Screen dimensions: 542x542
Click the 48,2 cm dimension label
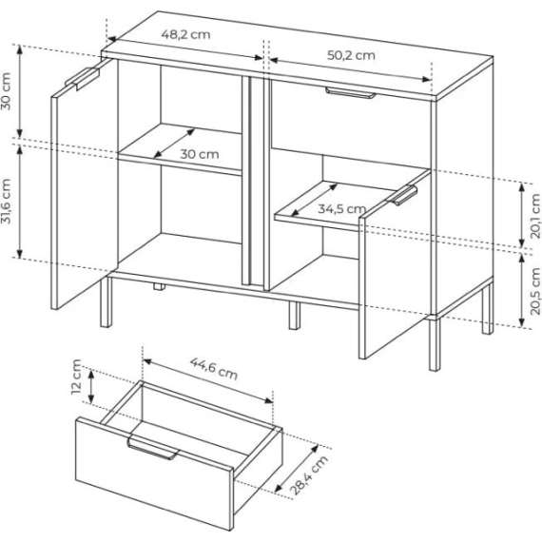pos(185,34)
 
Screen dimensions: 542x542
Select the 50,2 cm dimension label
pos(351,55)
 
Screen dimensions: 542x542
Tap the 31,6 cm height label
pos(7,201)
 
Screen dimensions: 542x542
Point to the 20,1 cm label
pos(535,216)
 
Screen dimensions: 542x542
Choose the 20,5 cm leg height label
pos(535,291)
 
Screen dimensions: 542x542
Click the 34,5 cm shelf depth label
pos(341,209)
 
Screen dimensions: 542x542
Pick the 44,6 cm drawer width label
pos(214,369)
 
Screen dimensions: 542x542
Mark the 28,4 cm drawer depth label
pos(309,474)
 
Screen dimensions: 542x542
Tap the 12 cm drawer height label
pos(76,377)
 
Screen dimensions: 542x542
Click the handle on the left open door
pos(83,78)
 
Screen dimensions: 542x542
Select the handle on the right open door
pos(402,195)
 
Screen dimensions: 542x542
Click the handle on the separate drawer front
pos(153,449)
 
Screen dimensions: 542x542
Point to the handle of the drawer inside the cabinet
pos(350,92)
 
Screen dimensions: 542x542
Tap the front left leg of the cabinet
pos(106,301)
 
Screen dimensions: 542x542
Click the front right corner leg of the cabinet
pos(435,343)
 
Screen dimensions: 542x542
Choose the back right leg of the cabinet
pos(488,308)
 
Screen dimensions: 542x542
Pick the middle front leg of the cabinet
pos(295,316)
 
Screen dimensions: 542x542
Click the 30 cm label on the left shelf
pos(200,154)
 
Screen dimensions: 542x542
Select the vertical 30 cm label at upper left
pos(7,91)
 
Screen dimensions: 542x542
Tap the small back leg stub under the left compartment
pos(159,286)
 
